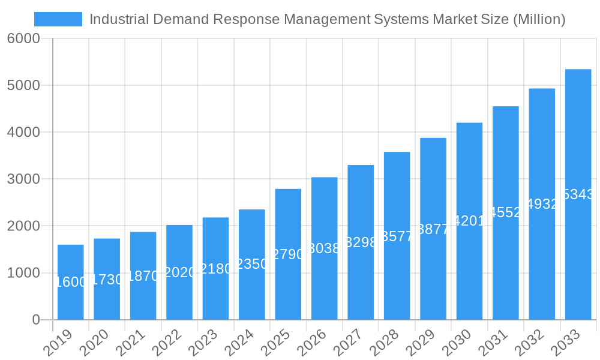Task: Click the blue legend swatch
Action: pyautogui.click(x=58, y=19)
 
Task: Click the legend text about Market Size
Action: pyautogui.click(x=327, y=19)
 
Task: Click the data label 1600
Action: pyautogui.click(x=71, y=282)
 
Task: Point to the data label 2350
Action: pyautogui.click(x=252, y=264)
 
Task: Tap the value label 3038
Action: pyautogui.click(x=325, y=248)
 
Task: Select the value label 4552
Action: pyautogui.click(x=506, y=212)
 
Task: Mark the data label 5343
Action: pyautogui.click(x=578, y=194)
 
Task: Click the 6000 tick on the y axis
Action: pyautogui.click(x=23, y=38)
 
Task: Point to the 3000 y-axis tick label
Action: pyautogui.click(x=23, y=179)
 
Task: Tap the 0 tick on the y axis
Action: pyautogui.click(x=35, y=320)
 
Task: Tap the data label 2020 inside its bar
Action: pyautogui.click(x=179, y=272)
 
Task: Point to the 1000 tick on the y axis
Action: pyautogui.click(x=23, y=273)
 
